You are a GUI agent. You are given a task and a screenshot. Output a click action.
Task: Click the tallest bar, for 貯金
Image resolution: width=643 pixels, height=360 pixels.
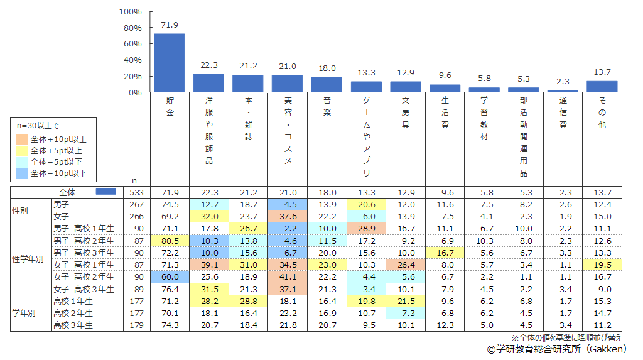(x=169, y=63)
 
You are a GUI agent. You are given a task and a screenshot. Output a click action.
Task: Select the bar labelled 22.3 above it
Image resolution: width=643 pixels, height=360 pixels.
(x=208, y=84)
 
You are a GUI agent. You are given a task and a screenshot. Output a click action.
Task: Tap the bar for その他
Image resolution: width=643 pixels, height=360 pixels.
(x=602, y=87)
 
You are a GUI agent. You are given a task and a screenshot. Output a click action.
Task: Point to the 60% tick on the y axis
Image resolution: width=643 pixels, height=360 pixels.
(x=132, y=44)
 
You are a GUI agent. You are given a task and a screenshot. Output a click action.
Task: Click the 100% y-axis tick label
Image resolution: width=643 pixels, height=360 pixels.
(x=131, y=12)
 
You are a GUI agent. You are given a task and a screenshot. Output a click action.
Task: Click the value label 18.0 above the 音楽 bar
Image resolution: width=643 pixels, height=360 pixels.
(x=327, y=68)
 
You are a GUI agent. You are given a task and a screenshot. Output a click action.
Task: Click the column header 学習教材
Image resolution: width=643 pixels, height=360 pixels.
(x=484, y=119)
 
